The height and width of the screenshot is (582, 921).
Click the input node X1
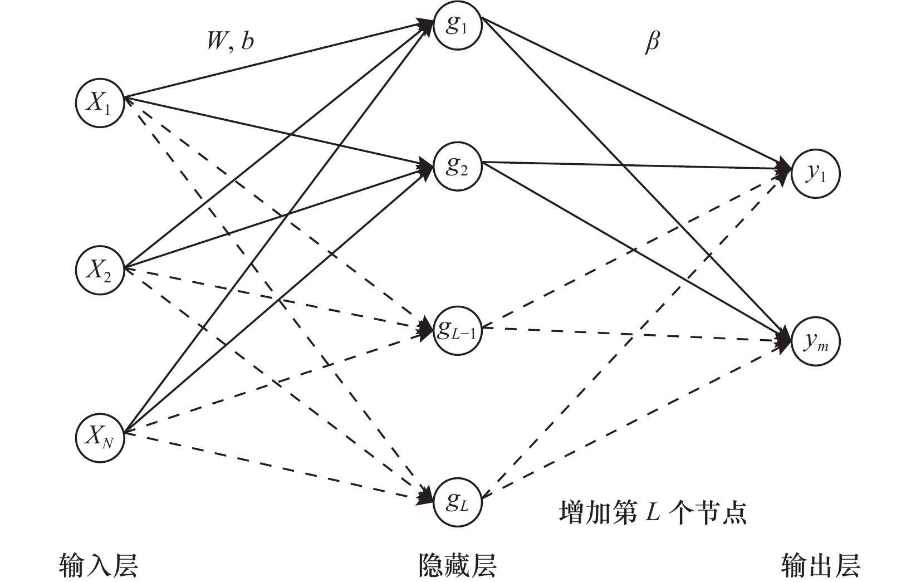(100, 103)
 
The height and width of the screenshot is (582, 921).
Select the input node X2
(100, 270)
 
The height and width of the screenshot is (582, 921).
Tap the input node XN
(100, 437)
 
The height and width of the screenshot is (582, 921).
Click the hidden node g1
(457, 26)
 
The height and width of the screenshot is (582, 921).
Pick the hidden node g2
(457, 167)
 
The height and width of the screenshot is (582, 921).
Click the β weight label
(651, 43)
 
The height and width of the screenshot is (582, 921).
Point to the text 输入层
(98, 565)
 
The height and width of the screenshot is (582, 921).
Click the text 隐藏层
(457, 565)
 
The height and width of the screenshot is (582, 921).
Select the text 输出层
(820, 565)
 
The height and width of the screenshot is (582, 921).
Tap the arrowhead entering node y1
(784, 170)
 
